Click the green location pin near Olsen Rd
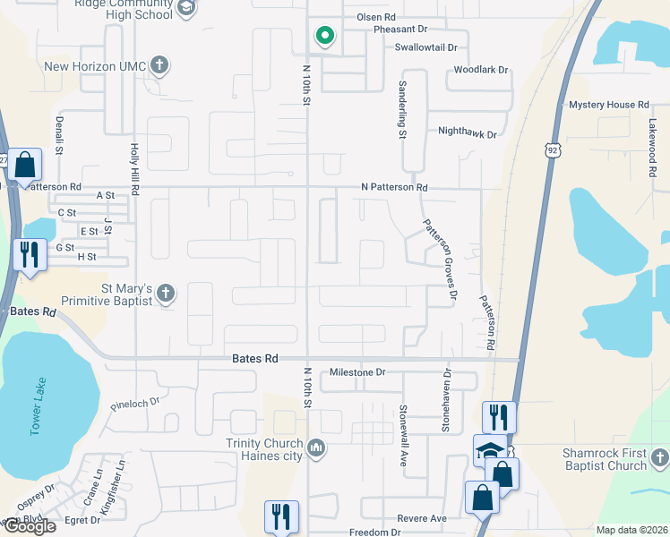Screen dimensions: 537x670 (x=324, y=36)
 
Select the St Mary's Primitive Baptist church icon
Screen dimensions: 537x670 (x=165, y=293)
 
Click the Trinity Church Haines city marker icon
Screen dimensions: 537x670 (x=315, y=447)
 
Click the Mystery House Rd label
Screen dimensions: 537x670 (x=608, y=105)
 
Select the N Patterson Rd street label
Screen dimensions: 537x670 (x=394, y=188)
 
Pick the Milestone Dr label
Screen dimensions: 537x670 (x=356, y=372)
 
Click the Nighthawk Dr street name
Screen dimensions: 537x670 (x=467, y=132)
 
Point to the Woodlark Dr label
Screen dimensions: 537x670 (x=481, y=69)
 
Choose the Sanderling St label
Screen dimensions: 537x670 (x=402, y=109)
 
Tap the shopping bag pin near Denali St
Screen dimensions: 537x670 (x=27, y=166)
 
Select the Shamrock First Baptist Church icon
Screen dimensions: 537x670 (x=660, y=459)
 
